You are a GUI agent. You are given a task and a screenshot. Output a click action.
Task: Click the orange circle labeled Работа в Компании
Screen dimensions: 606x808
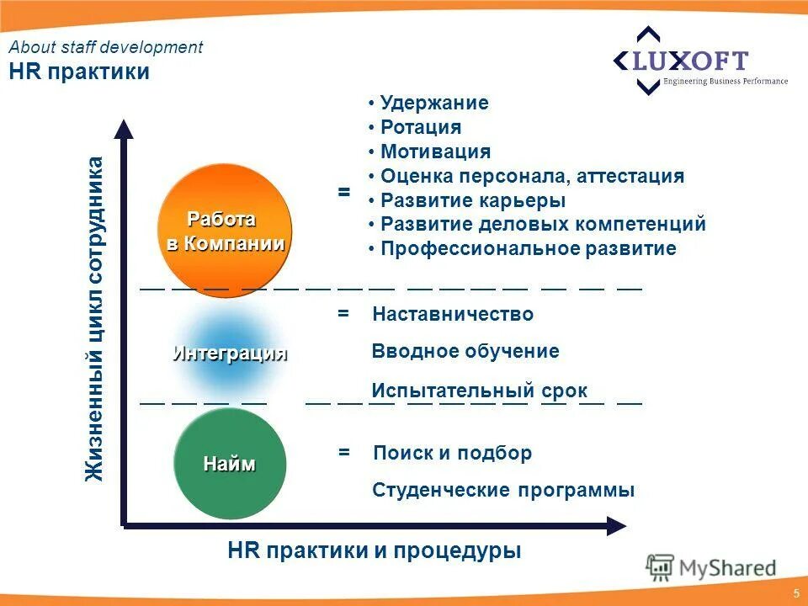pyautogui.click(x=225, y=226)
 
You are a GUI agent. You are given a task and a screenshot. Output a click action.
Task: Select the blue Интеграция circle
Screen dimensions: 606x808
pyautogui.click(x=229, y=352)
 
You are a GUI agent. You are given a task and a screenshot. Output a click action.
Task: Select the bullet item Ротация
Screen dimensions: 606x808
pyautogui.click(x=420, y=128)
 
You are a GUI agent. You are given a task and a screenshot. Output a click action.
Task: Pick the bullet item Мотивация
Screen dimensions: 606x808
pyautogui.click(x=434, y=152)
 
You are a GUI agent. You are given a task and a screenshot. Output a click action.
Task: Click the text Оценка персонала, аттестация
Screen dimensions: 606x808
pyautogui.click(x=531, y=177)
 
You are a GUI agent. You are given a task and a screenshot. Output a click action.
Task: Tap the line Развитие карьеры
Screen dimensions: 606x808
pyautogui.click(x=472, y=201)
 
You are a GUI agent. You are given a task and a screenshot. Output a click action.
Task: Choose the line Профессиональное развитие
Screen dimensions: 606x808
pyautogui.click(x=528, y=249)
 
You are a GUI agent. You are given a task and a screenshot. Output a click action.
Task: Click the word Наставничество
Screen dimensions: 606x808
pyautogui.click(x=453, y=314)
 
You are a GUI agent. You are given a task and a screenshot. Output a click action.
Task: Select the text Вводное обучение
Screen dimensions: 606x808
pyautogui.click(x=465, y=352)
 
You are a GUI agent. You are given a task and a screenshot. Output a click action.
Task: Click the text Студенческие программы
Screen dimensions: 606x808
pyautogui.click(x=503, y=490)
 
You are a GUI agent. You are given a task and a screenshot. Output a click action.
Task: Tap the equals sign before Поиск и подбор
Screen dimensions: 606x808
pyautogui.click(x=343, y=453)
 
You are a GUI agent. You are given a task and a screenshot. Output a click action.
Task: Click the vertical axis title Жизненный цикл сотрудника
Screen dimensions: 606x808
pyautogui.click(x=95, y=320)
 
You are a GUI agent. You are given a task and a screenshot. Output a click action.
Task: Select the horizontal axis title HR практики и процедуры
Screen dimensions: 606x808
pyautogui.click(x=375, y=551)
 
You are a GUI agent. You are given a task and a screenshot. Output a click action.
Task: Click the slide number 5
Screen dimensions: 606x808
pyautogui.click(x=795, y=594)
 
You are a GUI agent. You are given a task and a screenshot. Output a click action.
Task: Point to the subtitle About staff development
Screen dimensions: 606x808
pyautogui.click(x=106, y=48)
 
